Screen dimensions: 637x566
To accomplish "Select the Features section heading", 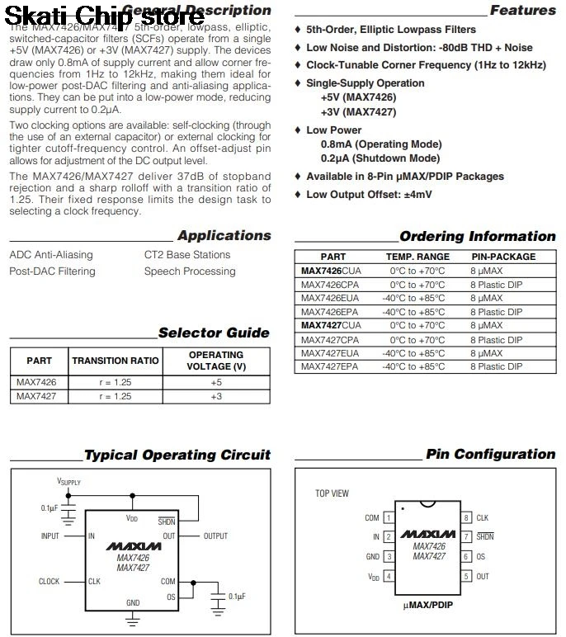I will [x=522, y=11].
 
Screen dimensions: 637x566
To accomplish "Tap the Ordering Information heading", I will [x=477, y=237].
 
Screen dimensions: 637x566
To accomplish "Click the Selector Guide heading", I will [x=214, y=333].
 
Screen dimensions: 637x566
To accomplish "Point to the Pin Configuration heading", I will [x=490, y=455].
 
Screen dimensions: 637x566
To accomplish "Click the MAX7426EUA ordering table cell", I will [x=330, y=298].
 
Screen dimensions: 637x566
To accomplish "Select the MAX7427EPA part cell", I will [x=330, y=366].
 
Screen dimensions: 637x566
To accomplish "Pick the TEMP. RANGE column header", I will [x=417, y=257].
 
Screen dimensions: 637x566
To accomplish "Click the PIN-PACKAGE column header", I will [x=503, y=257].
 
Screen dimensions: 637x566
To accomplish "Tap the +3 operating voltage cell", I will [x=215, y=396].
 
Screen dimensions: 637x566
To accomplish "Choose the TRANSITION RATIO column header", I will [x=116, y=361].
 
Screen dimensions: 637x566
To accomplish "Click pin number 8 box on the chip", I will [x=465, y=518].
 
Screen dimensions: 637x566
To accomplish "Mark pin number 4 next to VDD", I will [x=388, y=577].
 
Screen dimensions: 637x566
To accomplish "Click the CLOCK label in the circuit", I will [x=50, y=582].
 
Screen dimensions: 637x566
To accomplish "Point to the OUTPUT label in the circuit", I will [x=215, y=536].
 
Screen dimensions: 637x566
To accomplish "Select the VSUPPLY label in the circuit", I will [x=68, y=481].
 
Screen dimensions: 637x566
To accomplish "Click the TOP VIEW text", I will [x=332, y=493].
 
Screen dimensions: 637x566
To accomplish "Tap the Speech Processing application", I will [x=190, y=271].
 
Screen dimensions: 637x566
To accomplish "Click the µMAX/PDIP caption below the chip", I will [x=427, y=606].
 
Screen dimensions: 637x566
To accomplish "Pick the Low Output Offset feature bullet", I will [x=369, y=195].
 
